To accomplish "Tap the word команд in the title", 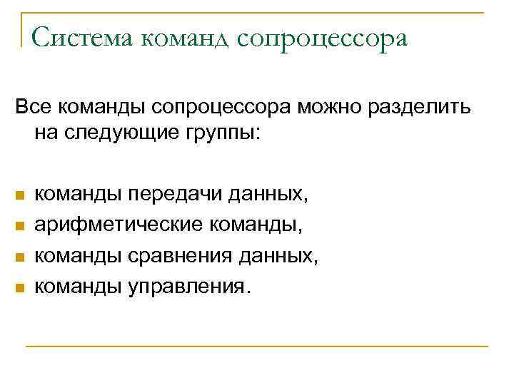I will point(186,38).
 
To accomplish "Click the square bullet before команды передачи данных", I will point(20,195).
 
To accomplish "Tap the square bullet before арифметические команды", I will point(20,225).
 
